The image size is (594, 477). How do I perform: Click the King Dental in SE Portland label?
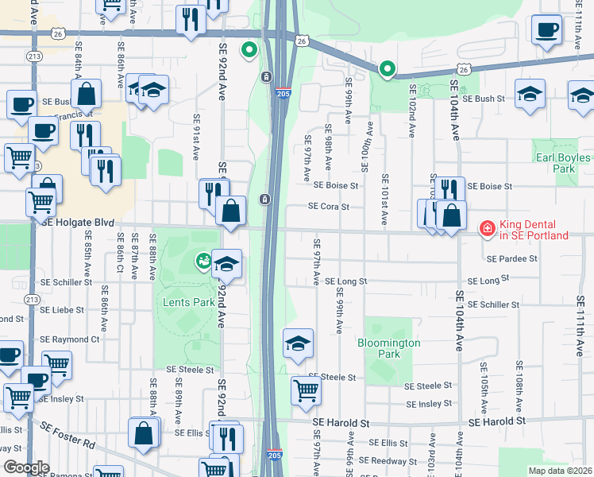click(x=534, y=229)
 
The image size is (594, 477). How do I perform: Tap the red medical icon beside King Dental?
click(x=486, y=229)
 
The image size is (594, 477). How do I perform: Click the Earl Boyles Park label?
click(x=565, y=163)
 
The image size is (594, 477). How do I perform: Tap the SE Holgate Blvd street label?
click(x=79, y=223)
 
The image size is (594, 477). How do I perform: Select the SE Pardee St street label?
click(x=512, y=259)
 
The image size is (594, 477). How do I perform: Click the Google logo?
click(x=26, y=467)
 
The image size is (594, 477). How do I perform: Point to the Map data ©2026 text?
click(x=560, y=471)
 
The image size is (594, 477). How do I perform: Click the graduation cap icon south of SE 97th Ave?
click(x=298, y=343)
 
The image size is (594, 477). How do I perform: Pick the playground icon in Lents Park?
click(x=203, y=259)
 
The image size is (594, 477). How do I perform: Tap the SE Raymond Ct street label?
click(x=72, y=339)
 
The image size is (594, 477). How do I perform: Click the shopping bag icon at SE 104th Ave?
click(x=451, y=215)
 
